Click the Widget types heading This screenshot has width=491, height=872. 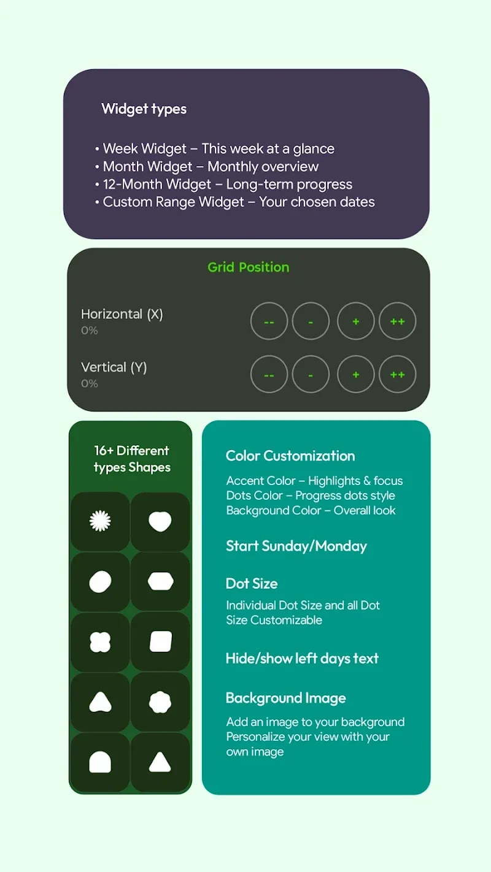[144, 109]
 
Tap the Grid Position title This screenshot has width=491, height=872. [248, 267]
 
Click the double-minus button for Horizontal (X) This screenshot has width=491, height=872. [269, 321]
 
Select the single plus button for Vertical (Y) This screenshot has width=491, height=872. [356, 374]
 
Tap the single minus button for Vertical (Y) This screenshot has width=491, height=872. [311, 374]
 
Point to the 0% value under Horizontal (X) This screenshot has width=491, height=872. [89, 331]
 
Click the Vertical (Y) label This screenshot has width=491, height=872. [114, 367]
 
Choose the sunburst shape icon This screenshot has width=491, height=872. [100, 521]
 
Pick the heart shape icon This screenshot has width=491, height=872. [160, 522]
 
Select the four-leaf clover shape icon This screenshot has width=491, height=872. [100, 641]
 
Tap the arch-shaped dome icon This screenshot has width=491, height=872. [100, 762]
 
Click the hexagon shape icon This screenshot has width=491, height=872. [161, 581]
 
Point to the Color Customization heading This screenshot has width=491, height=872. [290, 456]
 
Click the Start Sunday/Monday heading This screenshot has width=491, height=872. [296, 546]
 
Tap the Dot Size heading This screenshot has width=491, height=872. [252, 584]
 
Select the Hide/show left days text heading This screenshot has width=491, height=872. [302, 658]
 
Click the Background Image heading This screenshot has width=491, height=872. [285, 698]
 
